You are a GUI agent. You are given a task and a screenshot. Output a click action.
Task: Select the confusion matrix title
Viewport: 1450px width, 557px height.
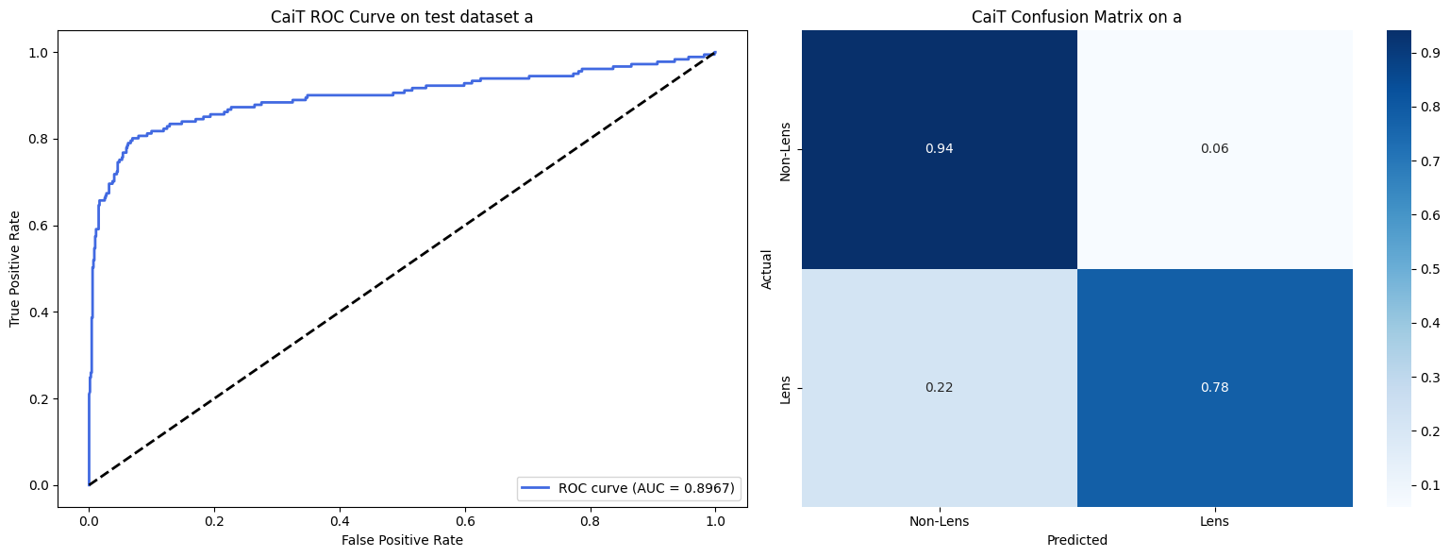(x=1076, y=16)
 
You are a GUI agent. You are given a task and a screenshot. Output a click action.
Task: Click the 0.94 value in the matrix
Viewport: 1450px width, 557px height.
(x=940, y=148)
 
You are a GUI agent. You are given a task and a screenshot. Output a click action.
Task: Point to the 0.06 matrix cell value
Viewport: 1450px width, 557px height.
(x=1214, y=148)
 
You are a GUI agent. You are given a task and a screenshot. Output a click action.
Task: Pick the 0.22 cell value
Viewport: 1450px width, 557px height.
(x=940, y=387)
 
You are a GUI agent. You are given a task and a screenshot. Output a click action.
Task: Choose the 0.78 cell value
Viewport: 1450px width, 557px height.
(x=1214, y=387)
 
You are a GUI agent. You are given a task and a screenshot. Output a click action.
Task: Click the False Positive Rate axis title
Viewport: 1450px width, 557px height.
(x=402, y=540)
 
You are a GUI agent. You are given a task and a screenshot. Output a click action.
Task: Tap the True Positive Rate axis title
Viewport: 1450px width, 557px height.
(x=15, y=269)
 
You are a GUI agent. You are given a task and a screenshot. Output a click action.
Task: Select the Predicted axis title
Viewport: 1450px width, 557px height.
(x=1076, y=541)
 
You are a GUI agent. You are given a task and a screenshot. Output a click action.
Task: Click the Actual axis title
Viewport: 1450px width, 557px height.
(x=767, y=269)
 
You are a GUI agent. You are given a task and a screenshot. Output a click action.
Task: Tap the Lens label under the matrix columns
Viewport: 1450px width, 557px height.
(x=1214, y=521)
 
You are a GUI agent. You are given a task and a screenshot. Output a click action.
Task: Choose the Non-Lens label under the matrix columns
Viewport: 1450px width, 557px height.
(x=940, y=521)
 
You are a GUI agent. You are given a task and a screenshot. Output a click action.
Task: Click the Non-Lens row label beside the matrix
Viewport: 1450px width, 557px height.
(x=785, y=149)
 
